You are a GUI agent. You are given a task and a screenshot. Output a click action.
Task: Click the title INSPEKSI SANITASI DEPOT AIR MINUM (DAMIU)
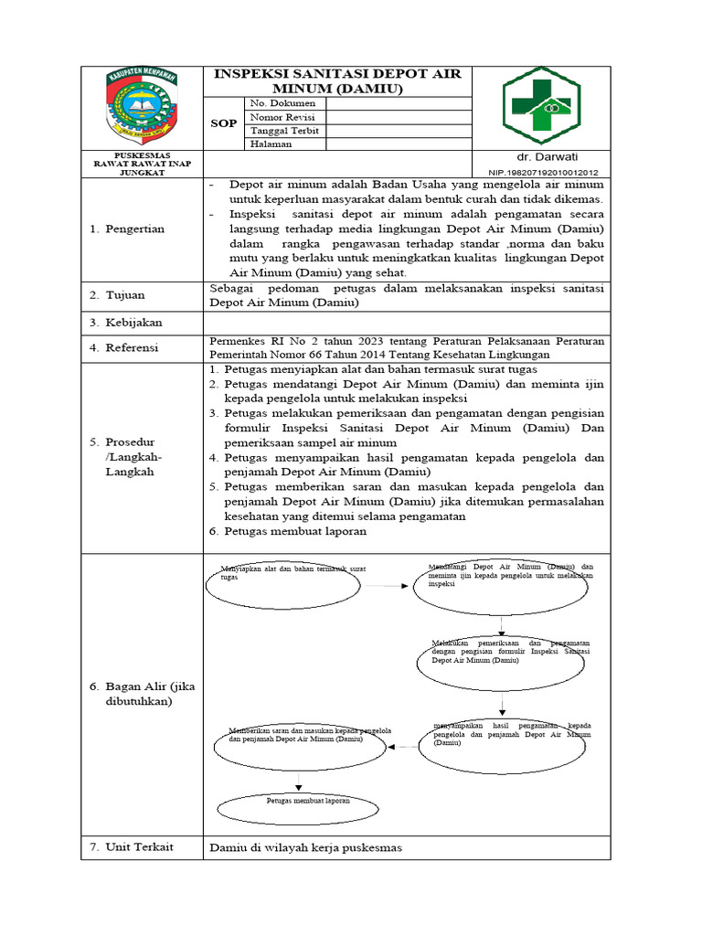(x=337, y=81)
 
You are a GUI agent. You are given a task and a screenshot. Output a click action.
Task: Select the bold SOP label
(x=224, y=123)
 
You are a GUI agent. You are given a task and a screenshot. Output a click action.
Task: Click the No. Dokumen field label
(x=276, y=103)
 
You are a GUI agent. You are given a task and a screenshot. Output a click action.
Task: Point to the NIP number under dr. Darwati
(x=544, y=172)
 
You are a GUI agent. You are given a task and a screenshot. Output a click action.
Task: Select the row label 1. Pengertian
(x=127, y=229)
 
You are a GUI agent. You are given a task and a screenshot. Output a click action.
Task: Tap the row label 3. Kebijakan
(x=123, y=323)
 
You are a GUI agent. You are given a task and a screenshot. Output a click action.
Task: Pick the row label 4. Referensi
(x=124, y=348)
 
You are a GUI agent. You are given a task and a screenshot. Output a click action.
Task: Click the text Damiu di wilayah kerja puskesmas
(x=305, y=847)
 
